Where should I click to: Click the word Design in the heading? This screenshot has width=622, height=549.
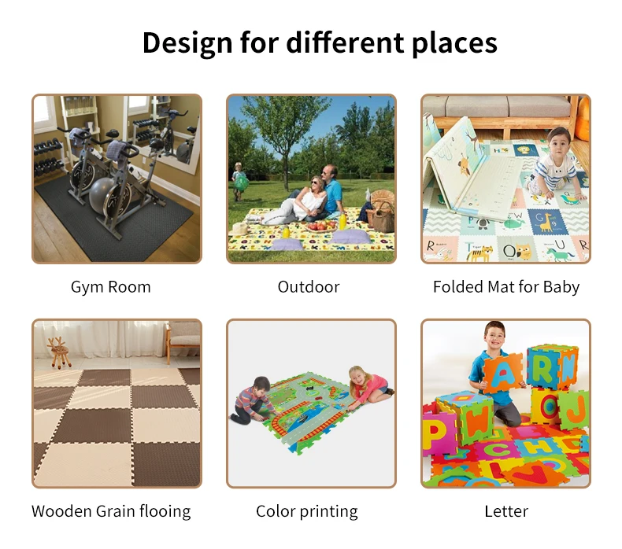(x=187, y=42)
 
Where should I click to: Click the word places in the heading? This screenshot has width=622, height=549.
(x=454, y=43)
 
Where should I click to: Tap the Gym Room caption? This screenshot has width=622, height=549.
(x=111, y=287)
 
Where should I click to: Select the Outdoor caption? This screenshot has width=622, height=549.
(x=309, y=286)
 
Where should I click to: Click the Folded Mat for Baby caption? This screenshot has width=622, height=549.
(x=506, y=287)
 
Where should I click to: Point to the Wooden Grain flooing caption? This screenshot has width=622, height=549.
(x=111, y=511)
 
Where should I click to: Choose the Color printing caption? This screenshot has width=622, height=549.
(x=306, y=511)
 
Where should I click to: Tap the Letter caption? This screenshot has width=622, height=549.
(x=506, y=511)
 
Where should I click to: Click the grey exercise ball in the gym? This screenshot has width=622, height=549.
(x=102, y=195)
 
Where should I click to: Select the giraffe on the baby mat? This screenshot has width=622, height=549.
(x=547, y=223)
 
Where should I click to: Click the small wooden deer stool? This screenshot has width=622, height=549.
(x=58, y=352)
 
